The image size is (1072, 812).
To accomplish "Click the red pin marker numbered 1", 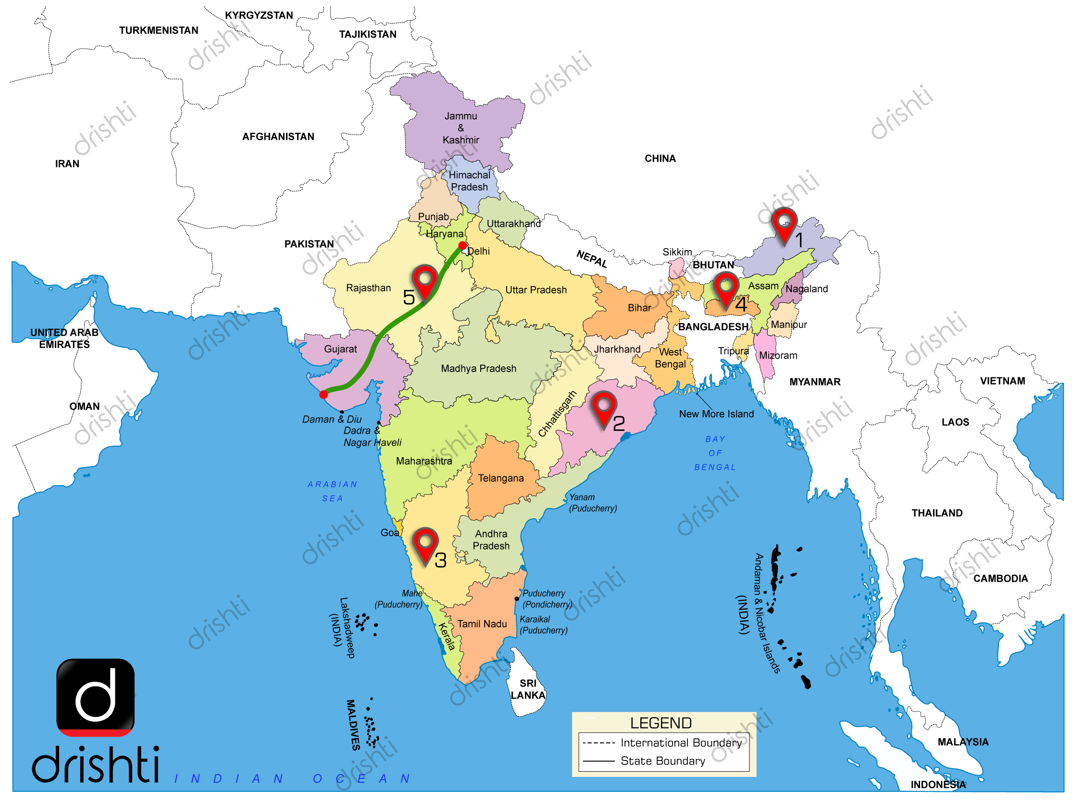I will pos(784,225).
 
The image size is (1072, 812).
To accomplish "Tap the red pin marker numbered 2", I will pos(603,408).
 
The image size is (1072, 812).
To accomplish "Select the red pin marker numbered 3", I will pos(425,544).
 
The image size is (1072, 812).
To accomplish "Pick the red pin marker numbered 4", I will pos(725,288).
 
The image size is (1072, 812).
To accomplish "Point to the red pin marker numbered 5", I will pos(424,281).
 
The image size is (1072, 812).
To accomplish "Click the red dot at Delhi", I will pos(462,245).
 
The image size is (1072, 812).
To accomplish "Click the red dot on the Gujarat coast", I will pos(324,395).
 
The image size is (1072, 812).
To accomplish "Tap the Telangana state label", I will pos(500,478).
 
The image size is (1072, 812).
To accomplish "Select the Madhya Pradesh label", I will pos(478,368).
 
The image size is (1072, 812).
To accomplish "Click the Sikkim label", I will pos(677,252).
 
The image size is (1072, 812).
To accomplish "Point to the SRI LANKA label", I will pos(528,689).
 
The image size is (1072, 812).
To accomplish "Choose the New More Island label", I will pos(716,414).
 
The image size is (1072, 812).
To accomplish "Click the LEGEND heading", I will pos(661,723).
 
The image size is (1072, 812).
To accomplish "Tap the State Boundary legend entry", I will pos(662,761).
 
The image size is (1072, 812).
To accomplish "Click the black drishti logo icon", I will pos(96,697).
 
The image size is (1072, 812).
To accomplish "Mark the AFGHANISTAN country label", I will pos(278,137).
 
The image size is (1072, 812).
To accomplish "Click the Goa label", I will pos(390,533).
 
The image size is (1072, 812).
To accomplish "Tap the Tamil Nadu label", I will pos(482,624).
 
